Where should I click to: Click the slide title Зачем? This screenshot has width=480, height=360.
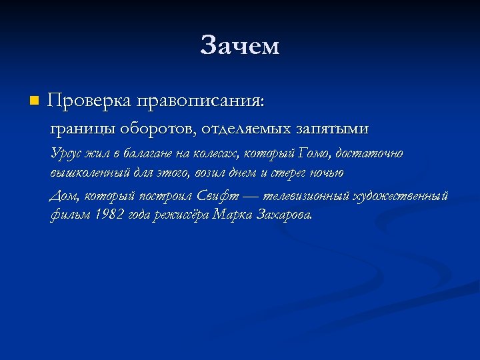point(240,46)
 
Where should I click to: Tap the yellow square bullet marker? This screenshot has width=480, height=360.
point(35,101)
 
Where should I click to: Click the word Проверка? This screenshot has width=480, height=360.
point(90,101)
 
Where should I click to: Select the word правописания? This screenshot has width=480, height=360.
point(201,101)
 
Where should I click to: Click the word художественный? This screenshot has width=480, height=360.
point(403,196)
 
